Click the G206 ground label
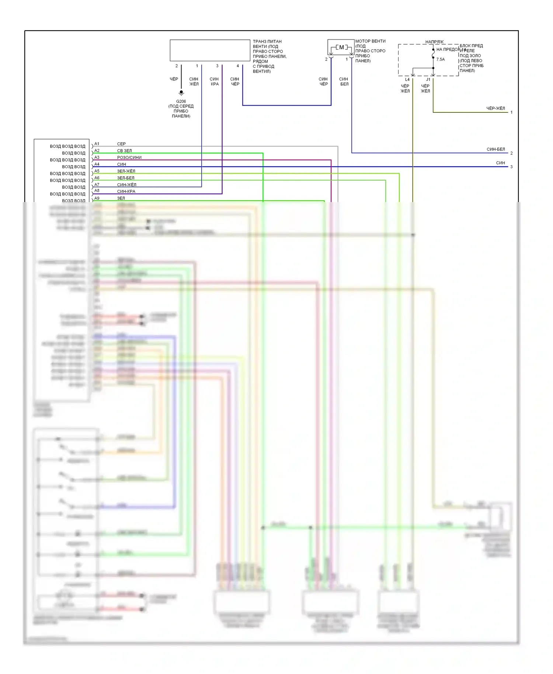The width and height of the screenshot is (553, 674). (x=181, y=101)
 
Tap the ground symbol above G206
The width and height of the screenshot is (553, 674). (x=181, y=93)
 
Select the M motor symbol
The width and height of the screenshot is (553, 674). (x=341, y=48)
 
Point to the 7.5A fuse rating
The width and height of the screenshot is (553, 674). (x=441, y=59)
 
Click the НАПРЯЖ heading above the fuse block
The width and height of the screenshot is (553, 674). (x=434, y=42)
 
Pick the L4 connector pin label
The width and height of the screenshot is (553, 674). (x=407, y=80)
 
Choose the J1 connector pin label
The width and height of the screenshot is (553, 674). (x=428, y=80)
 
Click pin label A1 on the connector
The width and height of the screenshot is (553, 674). (x=97, y=144)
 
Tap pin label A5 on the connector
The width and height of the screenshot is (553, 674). (x=97, y=171)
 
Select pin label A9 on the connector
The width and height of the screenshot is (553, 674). (x=97, y=198)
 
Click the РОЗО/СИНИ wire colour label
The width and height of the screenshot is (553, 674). (x=129, y=157)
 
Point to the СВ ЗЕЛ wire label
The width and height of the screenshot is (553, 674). (x=124, y=151)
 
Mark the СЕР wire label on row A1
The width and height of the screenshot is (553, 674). (x=121, y=144)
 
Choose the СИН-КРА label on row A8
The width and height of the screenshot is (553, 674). (x=126, y=191)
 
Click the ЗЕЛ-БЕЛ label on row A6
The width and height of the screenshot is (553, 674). (x=126, y=178)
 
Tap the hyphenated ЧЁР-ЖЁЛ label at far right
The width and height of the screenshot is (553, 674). (x=495, y=108)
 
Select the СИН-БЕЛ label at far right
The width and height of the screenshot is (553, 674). (x=495, y=149)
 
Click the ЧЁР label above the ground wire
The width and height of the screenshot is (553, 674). (x=174, y=79)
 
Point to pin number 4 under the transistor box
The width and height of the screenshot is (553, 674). (x=238, y=66)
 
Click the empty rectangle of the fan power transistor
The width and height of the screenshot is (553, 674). (x=210, y=51)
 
